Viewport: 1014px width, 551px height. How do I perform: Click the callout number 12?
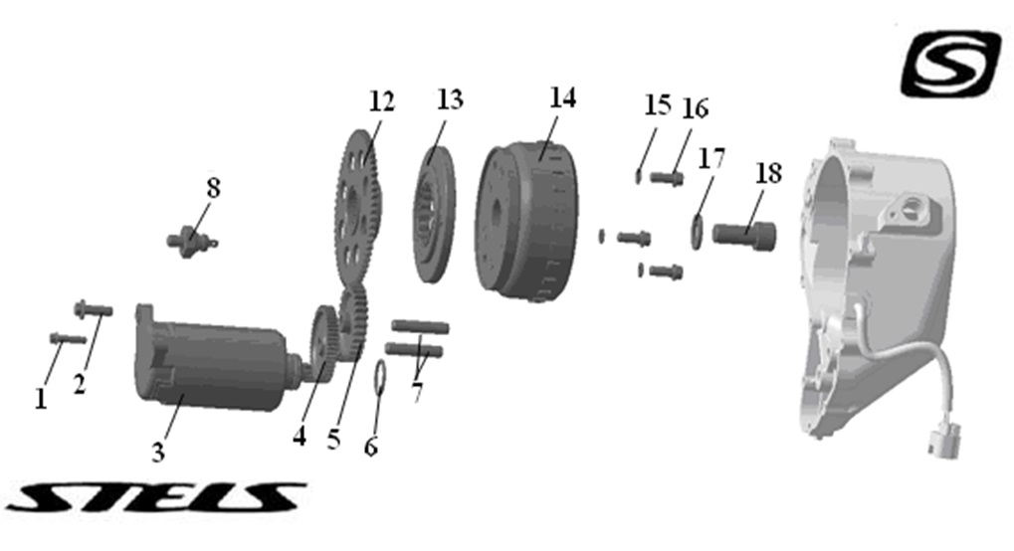[381, 101]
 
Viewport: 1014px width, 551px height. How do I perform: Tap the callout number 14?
[562, 97]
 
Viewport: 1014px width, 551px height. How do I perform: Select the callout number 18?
[768, 172]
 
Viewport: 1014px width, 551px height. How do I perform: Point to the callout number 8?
[213, 187]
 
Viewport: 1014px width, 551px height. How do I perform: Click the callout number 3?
[157, 453]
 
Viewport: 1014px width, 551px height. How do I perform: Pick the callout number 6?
[371, 447]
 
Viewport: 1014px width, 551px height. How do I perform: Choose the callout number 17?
[711, 158]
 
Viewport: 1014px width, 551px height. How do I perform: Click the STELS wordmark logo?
[155, 496]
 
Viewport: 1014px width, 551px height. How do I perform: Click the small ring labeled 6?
[379, 377]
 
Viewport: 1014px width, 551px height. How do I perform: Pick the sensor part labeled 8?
[189, 240]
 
